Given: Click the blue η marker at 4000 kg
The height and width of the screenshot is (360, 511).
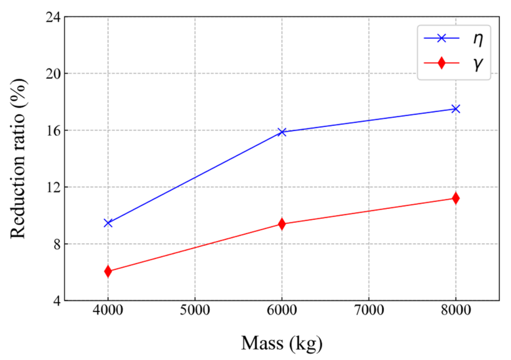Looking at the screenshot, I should [108, 223].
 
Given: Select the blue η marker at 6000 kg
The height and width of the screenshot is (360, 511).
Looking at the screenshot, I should [282, 132].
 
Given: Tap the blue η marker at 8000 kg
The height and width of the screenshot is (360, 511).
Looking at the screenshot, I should [456, 109].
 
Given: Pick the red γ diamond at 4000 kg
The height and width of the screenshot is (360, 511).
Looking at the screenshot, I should [108, 271].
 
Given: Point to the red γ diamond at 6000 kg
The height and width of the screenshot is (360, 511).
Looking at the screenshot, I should [282, 224].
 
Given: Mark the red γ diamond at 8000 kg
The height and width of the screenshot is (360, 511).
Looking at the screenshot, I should [456, 198].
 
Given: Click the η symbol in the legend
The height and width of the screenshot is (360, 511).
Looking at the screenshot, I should [478, 39].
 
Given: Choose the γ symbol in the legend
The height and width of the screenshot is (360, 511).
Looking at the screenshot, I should [478, 64].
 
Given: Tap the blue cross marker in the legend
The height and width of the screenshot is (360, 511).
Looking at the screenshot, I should [441, 38].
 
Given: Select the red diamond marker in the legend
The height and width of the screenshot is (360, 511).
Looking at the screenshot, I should [441, 63].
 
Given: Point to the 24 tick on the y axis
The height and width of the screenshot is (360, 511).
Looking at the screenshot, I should [53, 17].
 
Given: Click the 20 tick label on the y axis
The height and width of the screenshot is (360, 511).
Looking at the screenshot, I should [53, 74].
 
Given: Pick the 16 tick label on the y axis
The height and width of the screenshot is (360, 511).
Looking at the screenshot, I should [53, 131].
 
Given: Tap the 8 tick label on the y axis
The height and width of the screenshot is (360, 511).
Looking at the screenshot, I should [57, 244].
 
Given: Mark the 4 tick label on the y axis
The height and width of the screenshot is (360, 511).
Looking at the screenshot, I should [57, 301].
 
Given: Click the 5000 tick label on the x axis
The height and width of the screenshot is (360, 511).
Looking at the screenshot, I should [195, 310].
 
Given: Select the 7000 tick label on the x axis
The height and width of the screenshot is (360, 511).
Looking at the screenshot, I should [369, 310].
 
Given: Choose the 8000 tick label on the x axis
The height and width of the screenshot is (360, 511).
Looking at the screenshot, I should [456, 310].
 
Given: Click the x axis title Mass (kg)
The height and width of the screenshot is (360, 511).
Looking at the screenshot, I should [282, 343].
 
